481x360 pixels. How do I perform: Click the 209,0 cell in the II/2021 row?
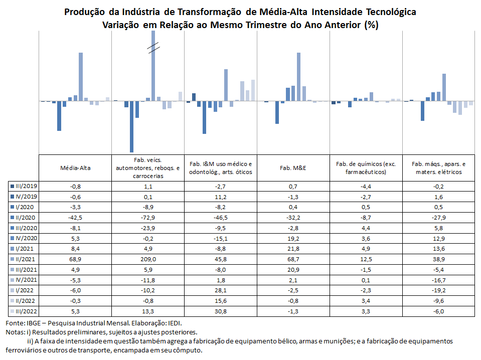click(x=148, y=259)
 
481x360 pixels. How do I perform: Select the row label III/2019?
click(x=26, y=186)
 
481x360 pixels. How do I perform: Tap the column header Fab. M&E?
click(x=293, y=168)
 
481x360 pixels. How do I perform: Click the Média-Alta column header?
click(x=75, y=168)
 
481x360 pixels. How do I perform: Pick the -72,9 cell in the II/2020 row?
click(x=148, y=218)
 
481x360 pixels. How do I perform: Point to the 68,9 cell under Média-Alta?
click(x=75, y=259)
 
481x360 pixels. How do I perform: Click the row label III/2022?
click(x=26, y=311)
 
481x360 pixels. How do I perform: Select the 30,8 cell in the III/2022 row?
click(x=221, y=311)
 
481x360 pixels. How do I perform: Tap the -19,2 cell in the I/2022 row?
click(x=439, y=290)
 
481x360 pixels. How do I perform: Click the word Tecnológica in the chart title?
click(x=391, y=12)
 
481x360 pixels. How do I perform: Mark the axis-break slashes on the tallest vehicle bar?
click(x=153, y=48)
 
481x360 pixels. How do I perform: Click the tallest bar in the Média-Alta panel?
click(x=81, y=77)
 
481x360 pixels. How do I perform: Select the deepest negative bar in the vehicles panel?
click(x=131, y=127)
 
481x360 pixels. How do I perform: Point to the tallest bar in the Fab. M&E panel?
click(x=299, y=77)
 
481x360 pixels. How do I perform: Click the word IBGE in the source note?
click(x=33, y=323)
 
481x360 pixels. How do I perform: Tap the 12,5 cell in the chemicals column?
click(x=366, y=259)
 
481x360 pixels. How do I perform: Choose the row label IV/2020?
click(x=26, y=238)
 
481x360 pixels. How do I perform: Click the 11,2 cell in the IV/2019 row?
click(x=221, y=197)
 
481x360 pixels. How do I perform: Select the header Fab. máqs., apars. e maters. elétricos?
click(x=439, y=168)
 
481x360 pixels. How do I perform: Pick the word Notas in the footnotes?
click(x=13, y=332)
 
